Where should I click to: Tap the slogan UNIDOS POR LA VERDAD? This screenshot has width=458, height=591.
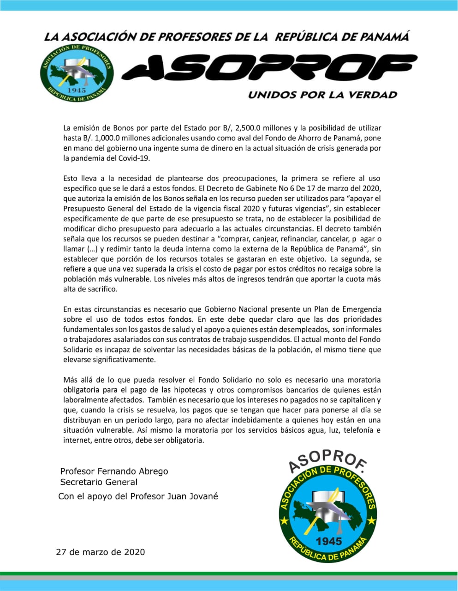(x=322, y=95)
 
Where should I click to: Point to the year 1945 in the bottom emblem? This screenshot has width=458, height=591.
(x=329, y=541)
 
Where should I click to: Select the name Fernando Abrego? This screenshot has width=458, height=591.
(x=133, y=471)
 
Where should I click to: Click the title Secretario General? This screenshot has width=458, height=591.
(x=99, y=482)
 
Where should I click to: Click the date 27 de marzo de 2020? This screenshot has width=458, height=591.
(x=100, y=552)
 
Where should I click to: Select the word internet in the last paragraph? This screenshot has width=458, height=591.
(x=77, y=440)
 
